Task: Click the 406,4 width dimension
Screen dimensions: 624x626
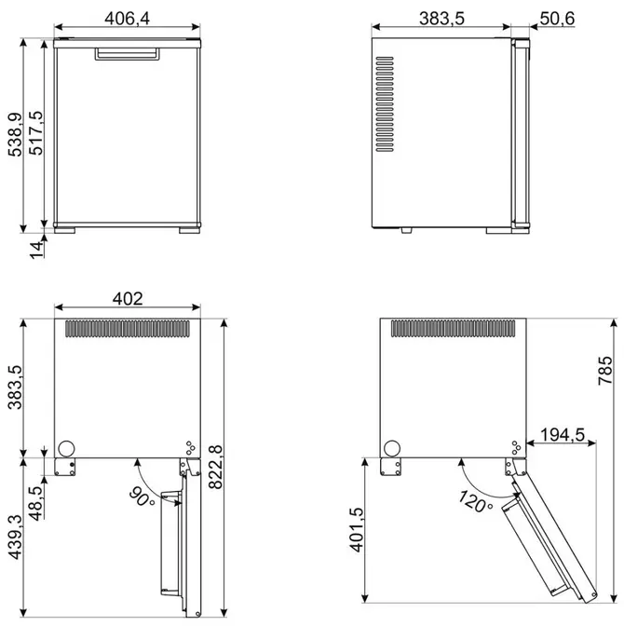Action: [127, 19]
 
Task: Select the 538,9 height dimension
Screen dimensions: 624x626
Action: [15, 134]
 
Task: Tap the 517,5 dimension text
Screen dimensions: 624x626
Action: [35, 133]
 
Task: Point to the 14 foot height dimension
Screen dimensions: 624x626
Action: [36, 250]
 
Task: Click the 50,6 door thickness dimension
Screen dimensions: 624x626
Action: [557, 19]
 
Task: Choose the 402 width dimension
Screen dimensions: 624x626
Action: [128, 299]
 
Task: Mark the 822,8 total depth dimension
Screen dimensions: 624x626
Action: [215, 467]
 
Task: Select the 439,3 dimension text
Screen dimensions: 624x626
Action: [15, 537]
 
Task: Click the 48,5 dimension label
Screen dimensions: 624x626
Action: [36, 503]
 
